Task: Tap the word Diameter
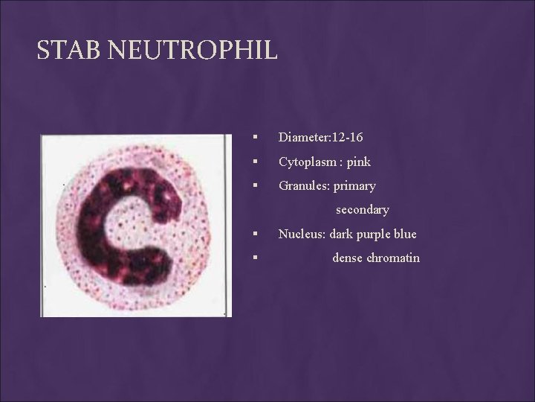pyautogui.click(x=303, y=138)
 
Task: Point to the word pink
pyautogui.click(x=358, y=162)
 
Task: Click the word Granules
pyautogui.click(x=301, y=185)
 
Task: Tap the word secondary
pyautogui.click(x=362, y=210)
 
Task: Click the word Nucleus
pyautogui.click(x=299, y=234)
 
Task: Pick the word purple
pyautogui.click(x=369, y=234)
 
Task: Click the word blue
pyautogui.click(x=403, y=234)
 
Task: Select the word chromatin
pyautogui.click(x=393, y=258)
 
